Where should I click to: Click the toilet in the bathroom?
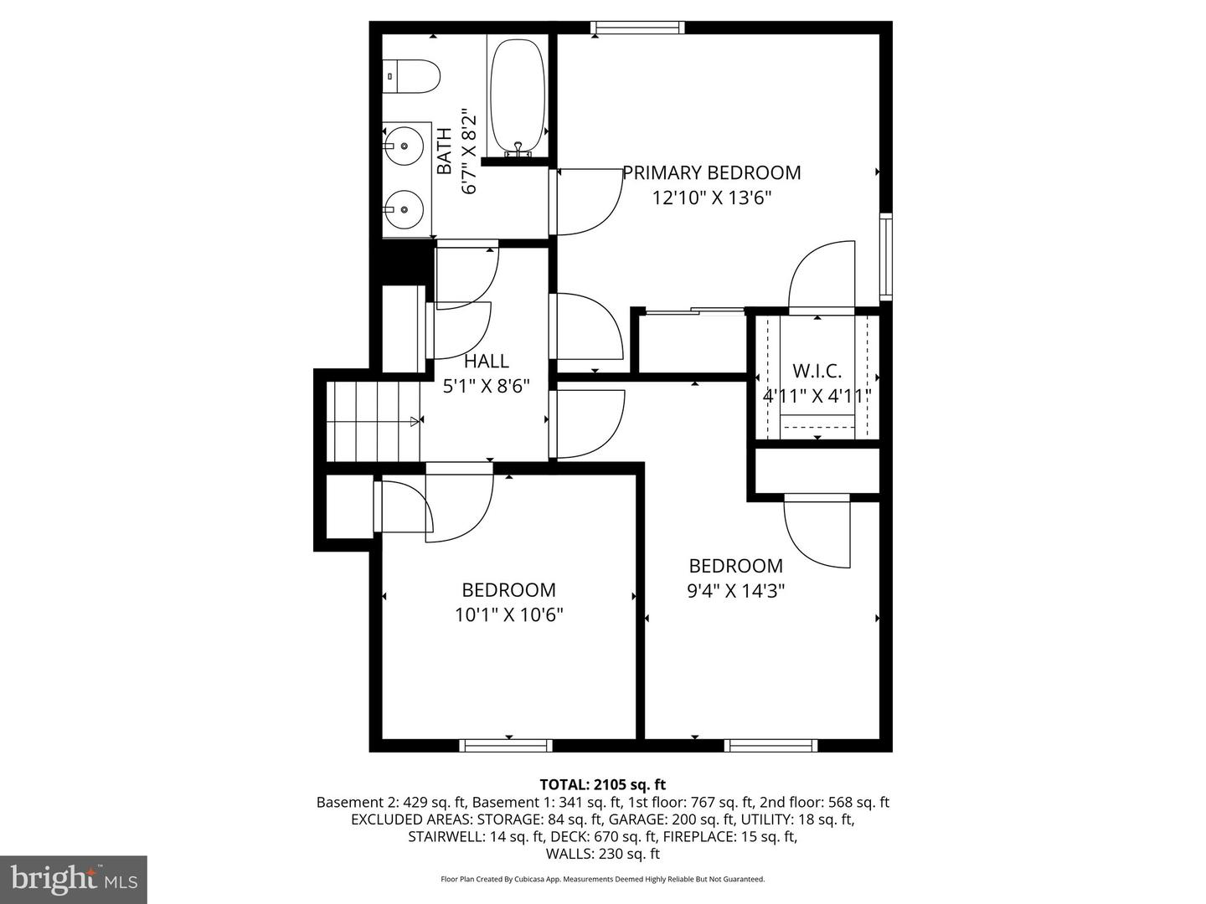click(412, 76)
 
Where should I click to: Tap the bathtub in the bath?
click(517, 96)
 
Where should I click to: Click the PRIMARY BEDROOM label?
click(711, 172)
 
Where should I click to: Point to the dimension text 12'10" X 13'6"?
click(711, 198)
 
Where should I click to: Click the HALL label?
click(487, 361)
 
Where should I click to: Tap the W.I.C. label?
click(817, 371)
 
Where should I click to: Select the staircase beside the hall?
click(374, 421)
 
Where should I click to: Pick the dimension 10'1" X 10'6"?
click(508, 615)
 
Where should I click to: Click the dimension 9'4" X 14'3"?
click(735, 591)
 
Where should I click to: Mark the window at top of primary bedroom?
click(637, 28)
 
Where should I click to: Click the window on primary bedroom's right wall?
click(885, 257)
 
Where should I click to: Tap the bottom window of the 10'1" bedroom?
click(506, 745)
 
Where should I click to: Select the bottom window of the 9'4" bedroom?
click(770, 745)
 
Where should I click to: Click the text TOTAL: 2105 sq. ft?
click(603, 784)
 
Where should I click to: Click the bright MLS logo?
click(74, 879)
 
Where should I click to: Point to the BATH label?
click(445, 151)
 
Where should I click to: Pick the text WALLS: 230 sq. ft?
click(603, 854)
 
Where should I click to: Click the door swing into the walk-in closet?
click(821, 276)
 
